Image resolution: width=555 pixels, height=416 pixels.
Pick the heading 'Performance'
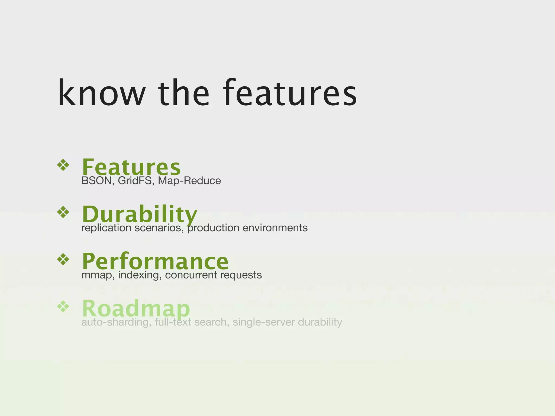click(155, 261)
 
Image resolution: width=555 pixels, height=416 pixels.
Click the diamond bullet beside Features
click(63, 165)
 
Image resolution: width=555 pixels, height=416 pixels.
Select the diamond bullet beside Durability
click(63, 212)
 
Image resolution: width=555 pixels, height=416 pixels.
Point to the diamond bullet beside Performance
click(63, 259)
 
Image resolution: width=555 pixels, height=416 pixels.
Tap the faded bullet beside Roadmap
click(63, 307)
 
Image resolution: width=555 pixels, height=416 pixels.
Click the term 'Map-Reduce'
click(189, 181)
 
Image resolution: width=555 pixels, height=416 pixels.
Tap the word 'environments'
click(275, 228)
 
